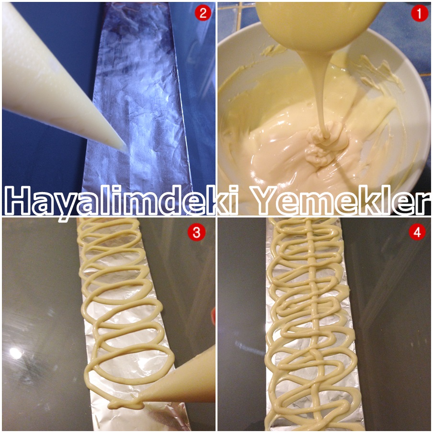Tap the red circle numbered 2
[202, 13]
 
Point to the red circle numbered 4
[418, 233]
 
